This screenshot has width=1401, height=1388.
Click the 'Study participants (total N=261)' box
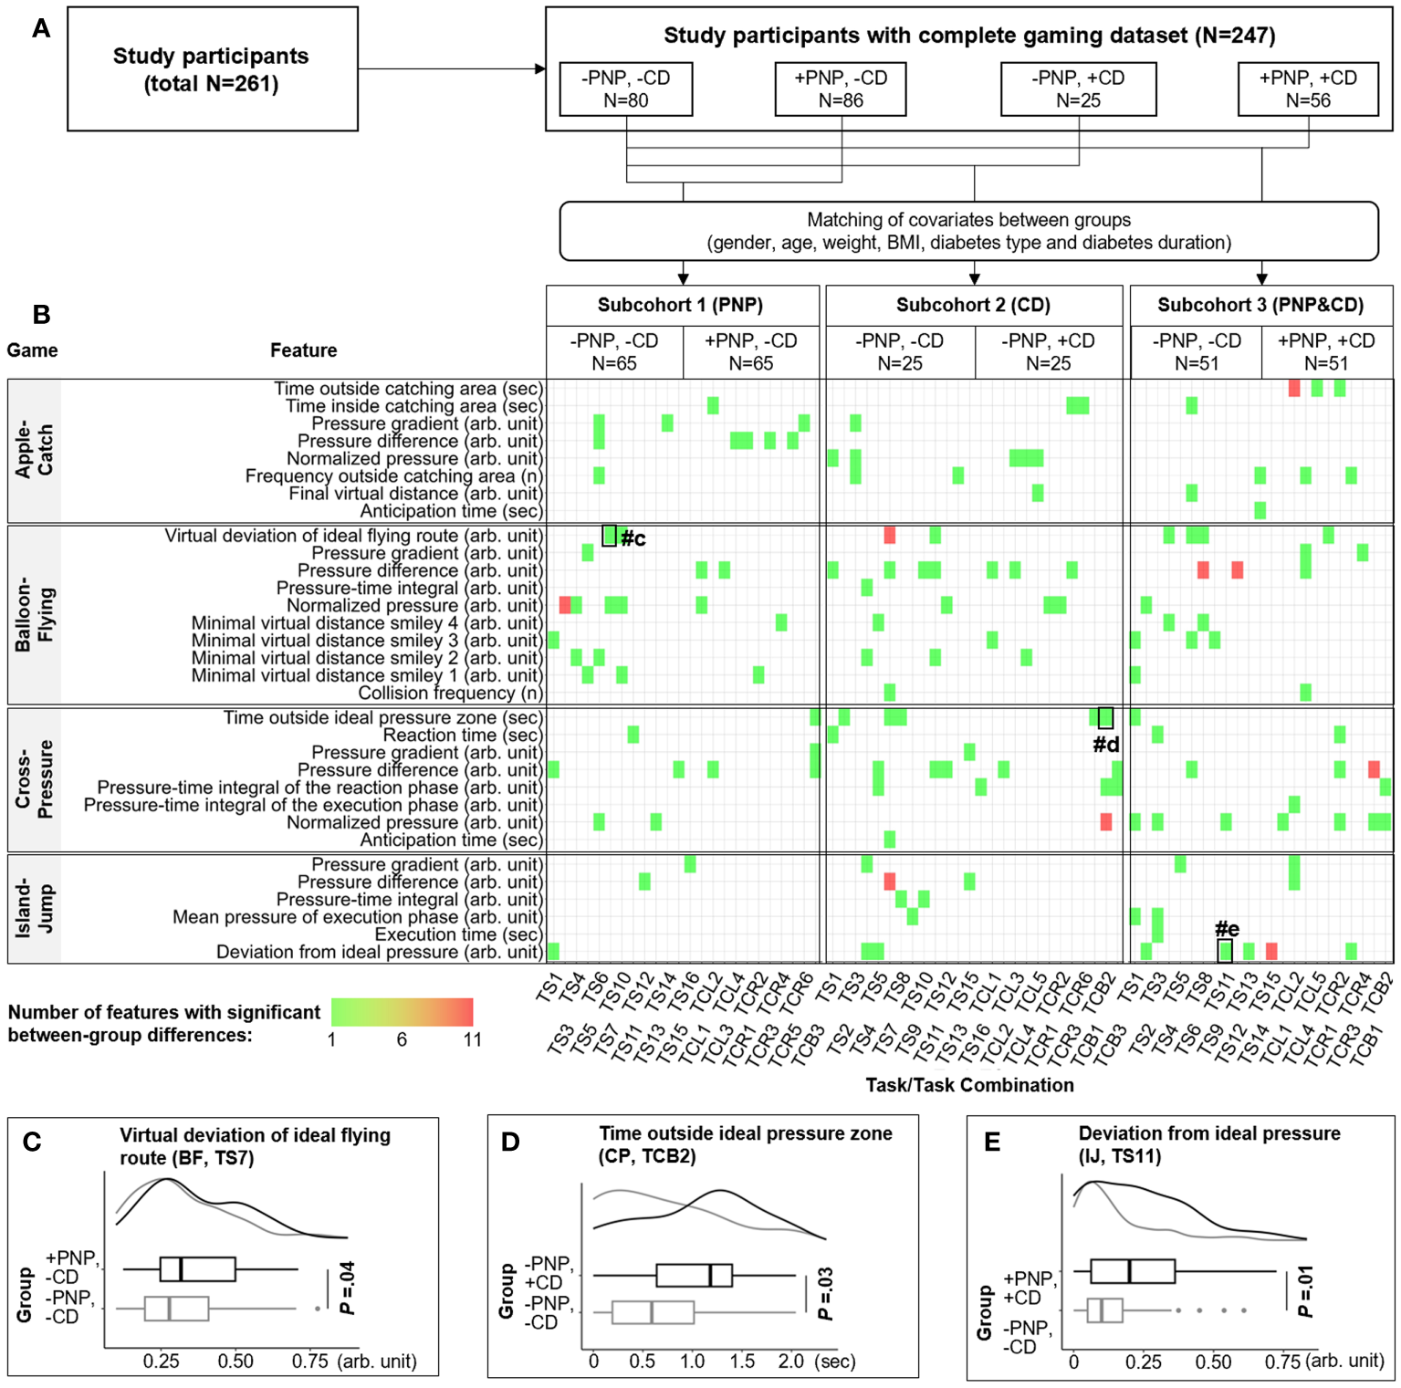pyautogui.click(x=212, y=69)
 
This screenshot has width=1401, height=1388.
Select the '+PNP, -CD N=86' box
pyautogui.click(x=840, y=89)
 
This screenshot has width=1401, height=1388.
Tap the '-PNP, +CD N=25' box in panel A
pyautogui.click(x=1078, y=89)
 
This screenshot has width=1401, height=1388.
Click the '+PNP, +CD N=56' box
pyautogui.click(x=1308, y=89)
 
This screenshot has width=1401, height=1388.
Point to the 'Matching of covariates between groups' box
pyautogui.click(x=968, y=231)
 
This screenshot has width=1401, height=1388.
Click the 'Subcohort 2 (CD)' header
pyautogui.click(x=973, y=305)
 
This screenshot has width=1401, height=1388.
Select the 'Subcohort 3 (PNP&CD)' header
pyautogui.click(x=1260, y=305)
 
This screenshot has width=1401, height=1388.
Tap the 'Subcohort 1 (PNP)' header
pyautogui.click(x=680, y=305)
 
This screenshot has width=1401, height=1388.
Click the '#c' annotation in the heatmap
pyautogui.click(x=633, y=538)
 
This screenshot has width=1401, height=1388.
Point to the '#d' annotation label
pyautogui.click(x=1106, y=745)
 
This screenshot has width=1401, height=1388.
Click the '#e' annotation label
pyautogui.click(x=1227, y=929)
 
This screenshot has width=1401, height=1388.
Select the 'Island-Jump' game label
pyautogui.click(x=35, y=908)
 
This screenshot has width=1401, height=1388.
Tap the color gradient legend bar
pyautogui.click(x=402, y=1012)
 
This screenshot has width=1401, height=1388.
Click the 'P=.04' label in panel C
pyautogui.click(x=347, y=1288)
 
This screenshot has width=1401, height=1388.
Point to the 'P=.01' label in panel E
pyautogui.click(x=1305, y=1291)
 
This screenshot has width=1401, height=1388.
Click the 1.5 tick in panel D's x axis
pyautogui.click(x=741, y=1362)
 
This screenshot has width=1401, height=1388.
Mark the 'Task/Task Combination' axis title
pyautogui.click(x=969, y=1085)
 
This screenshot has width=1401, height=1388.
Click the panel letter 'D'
pyautogui.click(x=510, y=1142)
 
